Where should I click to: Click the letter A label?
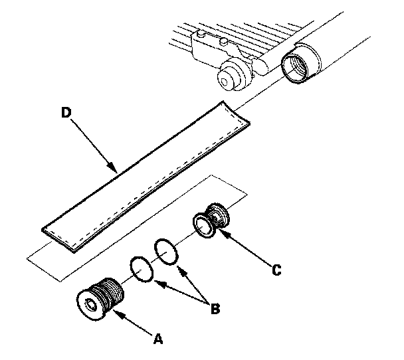[158, 339]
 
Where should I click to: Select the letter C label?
[277, 270]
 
